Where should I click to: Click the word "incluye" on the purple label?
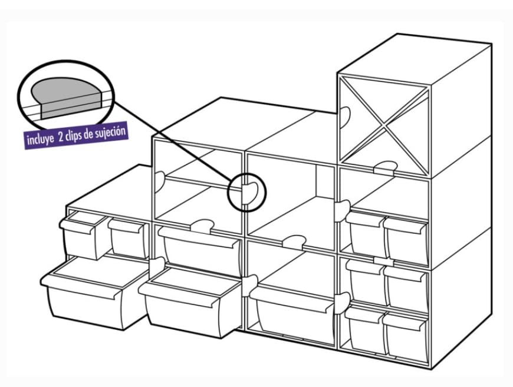click(x=42, y=141)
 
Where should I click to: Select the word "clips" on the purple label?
click(x=80, y=135)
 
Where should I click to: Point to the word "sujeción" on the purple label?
click(x=112, y=131)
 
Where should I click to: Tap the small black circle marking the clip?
click(x=248, y=192)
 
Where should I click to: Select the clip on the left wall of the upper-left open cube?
click(x=159, y=180)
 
